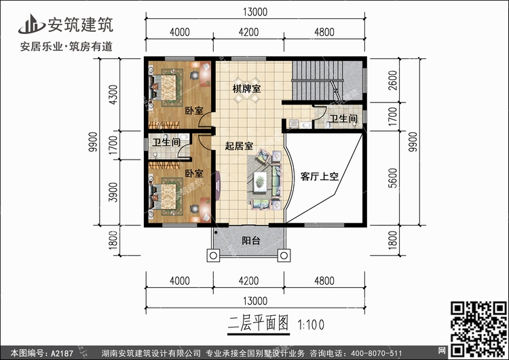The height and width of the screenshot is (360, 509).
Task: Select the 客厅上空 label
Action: click(320, 177)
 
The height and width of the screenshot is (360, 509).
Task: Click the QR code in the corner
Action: click(478, 325)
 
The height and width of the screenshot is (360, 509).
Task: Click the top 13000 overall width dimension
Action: click(255, 11)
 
